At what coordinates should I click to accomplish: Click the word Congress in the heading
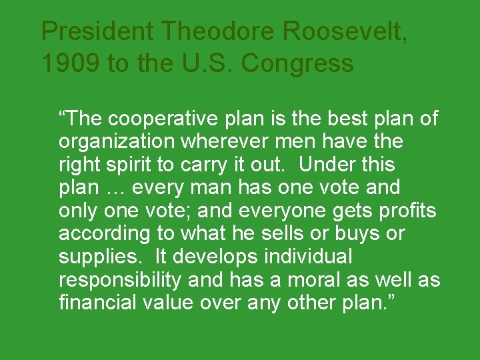pyautogui.click(x=297, y=63)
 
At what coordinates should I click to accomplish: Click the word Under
pyautogui.click(x=322, y=165)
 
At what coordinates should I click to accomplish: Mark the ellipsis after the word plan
pyautogui.click(x=115, y=188)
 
